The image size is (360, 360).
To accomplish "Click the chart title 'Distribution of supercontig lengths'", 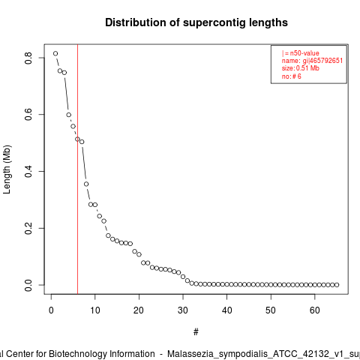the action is [196, 22].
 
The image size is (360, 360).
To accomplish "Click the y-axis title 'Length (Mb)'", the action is [7, 169].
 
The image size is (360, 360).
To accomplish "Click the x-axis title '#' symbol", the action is [196, 332].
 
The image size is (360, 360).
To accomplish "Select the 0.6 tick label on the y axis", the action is [28, 115].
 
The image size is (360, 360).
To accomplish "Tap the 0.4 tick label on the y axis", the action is [28, 171].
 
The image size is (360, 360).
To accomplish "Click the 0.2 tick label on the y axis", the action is [28, 228].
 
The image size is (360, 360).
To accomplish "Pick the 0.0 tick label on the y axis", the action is [28, 285].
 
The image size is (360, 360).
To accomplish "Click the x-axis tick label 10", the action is [95, 310].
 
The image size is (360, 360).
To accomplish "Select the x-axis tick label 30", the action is [183, 310].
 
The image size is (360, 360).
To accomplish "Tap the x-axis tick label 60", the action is [315, 310].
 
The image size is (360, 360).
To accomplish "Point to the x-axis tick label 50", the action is [271, 310].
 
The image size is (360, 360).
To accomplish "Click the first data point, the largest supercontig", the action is [55, 53].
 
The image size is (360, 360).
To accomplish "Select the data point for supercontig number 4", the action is [69, 115].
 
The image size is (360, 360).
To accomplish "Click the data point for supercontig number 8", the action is [86, 184].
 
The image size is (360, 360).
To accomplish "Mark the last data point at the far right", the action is [337, 285].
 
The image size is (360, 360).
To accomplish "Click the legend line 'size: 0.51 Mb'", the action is [301, 68].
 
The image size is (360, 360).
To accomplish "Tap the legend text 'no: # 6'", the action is [292, 76].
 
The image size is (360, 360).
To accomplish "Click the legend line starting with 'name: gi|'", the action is [312, 61].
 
